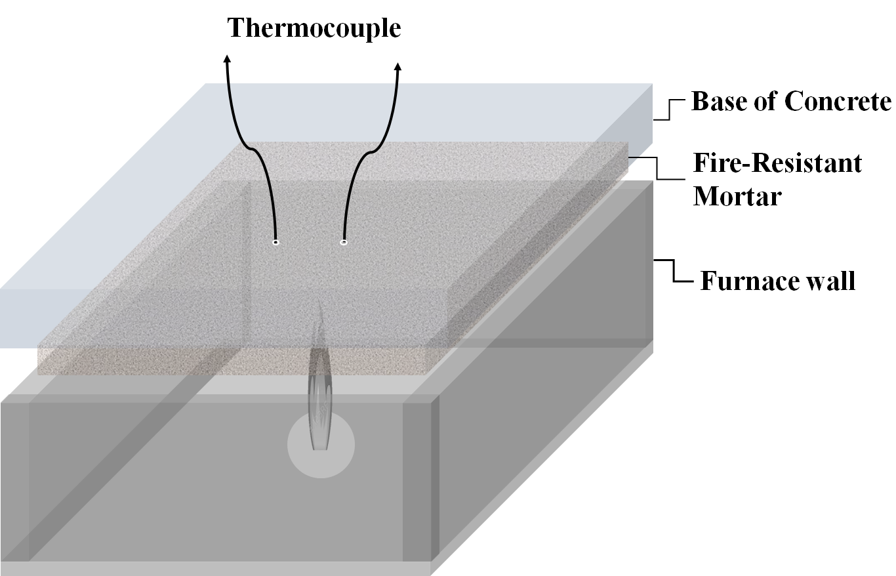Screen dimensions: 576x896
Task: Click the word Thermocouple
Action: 314,29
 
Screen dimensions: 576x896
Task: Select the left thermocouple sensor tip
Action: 275,243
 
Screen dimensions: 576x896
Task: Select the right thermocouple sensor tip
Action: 343,242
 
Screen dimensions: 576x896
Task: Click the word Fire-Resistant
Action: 777,163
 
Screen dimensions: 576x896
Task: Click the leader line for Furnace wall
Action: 676,270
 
